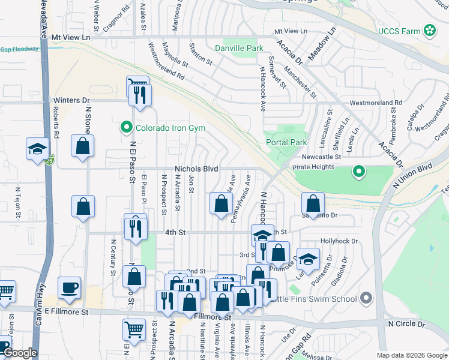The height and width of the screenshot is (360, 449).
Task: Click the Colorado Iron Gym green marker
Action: pyautogui.click(x=126, y=127)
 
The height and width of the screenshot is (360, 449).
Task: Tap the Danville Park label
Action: pyautogui.click(x=240, y=47)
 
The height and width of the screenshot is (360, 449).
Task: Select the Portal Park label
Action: pyautogui.click(x=286, y=142)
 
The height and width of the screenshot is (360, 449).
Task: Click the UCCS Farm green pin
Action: pyautogui.click(x=430, y=30)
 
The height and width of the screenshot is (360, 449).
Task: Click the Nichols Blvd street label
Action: pyautogui.click(x=196, y=169)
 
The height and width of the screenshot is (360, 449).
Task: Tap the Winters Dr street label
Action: pyautogui.click(x=71, y=100)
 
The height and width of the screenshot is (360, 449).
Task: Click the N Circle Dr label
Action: pyautogui.click(x=406, y=323)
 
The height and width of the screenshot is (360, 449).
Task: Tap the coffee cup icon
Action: pyautogui.click(x=70, y=287)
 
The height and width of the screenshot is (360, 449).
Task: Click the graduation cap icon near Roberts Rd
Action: pyautogui.click(x=37, y=148)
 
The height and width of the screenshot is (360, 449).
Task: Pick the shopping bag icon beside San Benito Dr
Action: pyautogui.click(x=313, y=203)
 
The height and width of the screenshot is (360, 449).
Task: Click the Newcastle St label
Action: pyautogui.click(x=321, y=157)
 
